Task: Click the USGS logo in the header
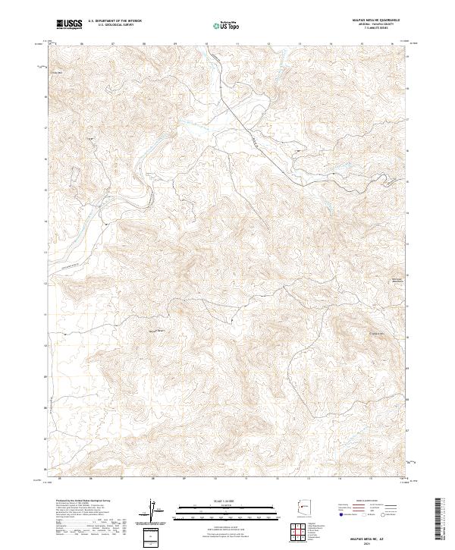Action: [69, 24]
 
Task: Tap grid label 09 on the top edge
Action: [174, 44]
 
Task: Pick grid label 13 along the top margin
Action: [300, 44]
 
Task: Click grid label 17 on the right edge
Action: [409, 119]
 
